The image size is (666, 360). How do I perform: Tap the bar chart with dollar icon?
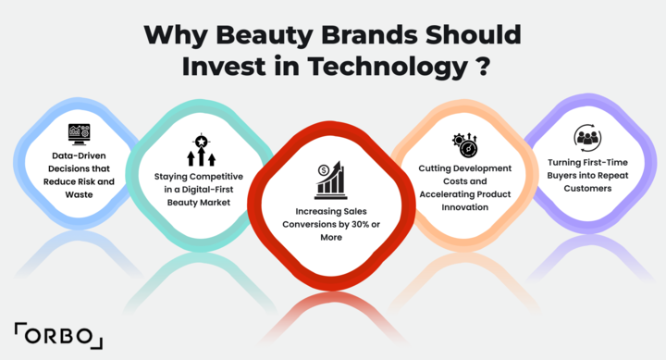click(330, 179)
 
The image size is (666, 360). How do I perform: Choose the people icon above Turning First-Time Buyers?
click(587, 137)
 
